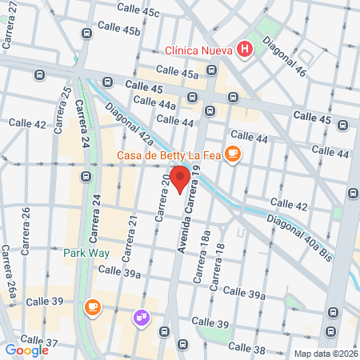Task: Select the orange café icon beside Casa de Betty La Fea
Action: [x=232, y=154]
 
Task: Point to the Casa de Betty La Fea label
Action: [x=168, y=155]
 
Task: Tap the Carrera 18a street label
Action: [x=198, y=263]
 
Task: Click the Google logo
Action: [x=26, y=350]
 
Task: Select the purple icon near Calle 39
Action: [x=142, y=318]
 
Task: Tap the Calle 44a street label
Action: [x=154, y=104]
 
